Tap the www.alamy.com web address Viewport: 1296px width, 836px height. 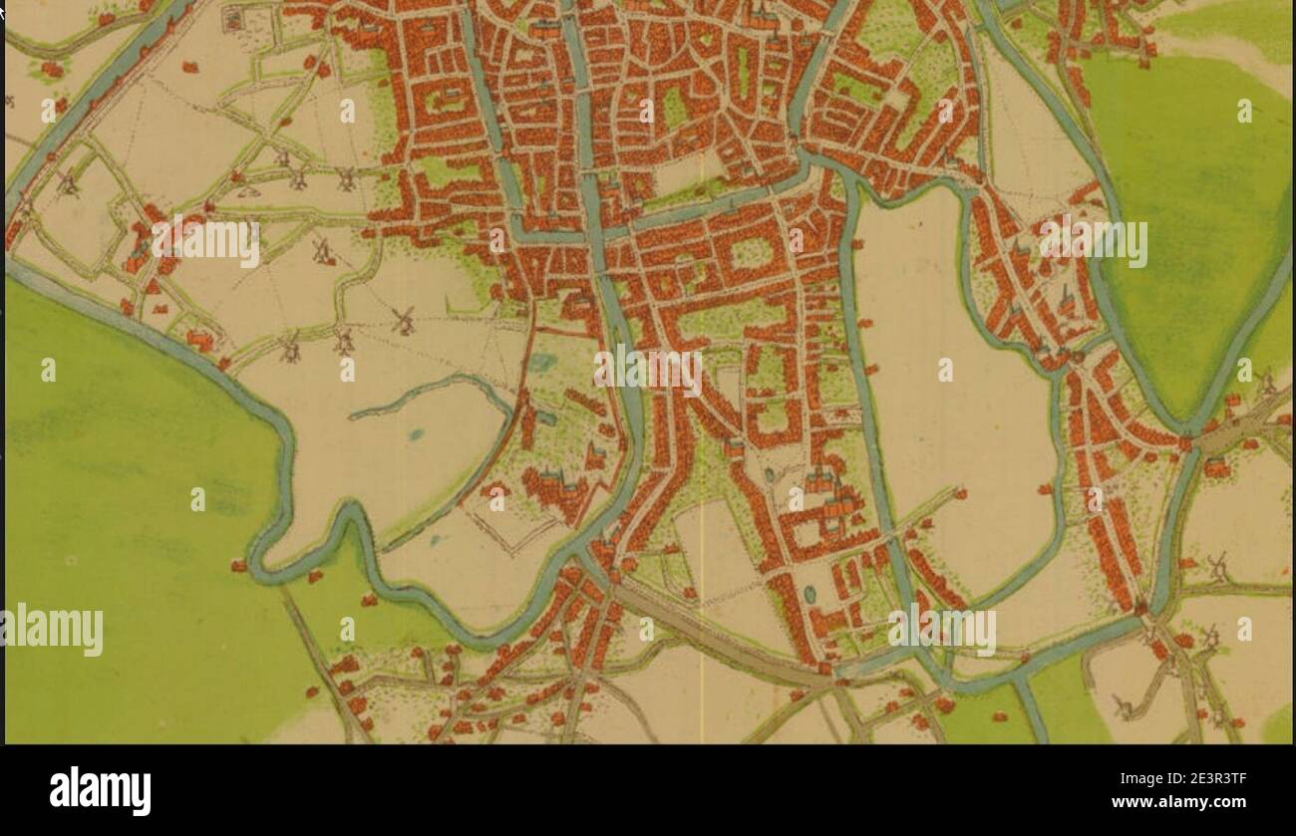click(x=1178, y=803)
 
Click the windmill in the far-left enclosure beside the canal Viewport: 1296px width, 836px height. click(x=67, y=183)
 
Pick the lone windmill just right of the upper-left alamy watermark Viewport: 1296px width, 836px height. click(x=322, y=251)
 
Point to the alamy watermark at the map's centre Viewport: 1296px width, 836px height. click(x=648, y=370)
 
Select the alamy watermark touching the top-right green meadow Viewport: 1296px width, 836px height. click(x=1092, y=243)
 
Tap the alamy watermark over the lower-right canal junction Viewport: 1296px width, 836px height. click(x=941, y=630)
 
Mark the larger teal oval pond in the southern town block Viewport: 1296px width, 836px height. click(x=809, y=594)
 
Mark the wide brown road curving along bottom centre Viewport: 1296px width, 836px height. click(x=718, y=638)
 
